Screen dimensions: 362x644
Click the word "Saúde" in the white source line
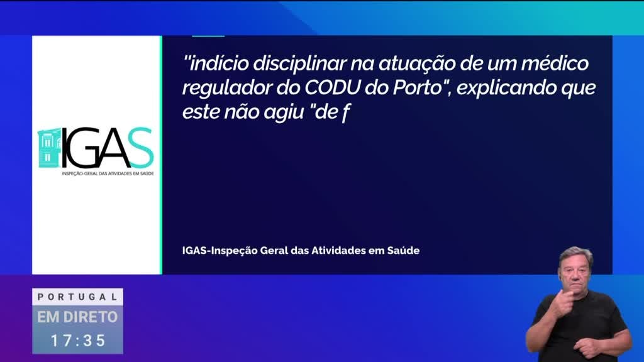pos(403,250)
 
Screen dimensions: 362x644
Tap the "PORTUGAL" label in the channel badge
pos(77,297)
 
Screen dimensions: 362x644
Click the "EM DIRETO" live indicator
pos(77,317)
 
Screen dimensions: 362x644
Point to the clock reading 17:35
pos(78,341)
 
